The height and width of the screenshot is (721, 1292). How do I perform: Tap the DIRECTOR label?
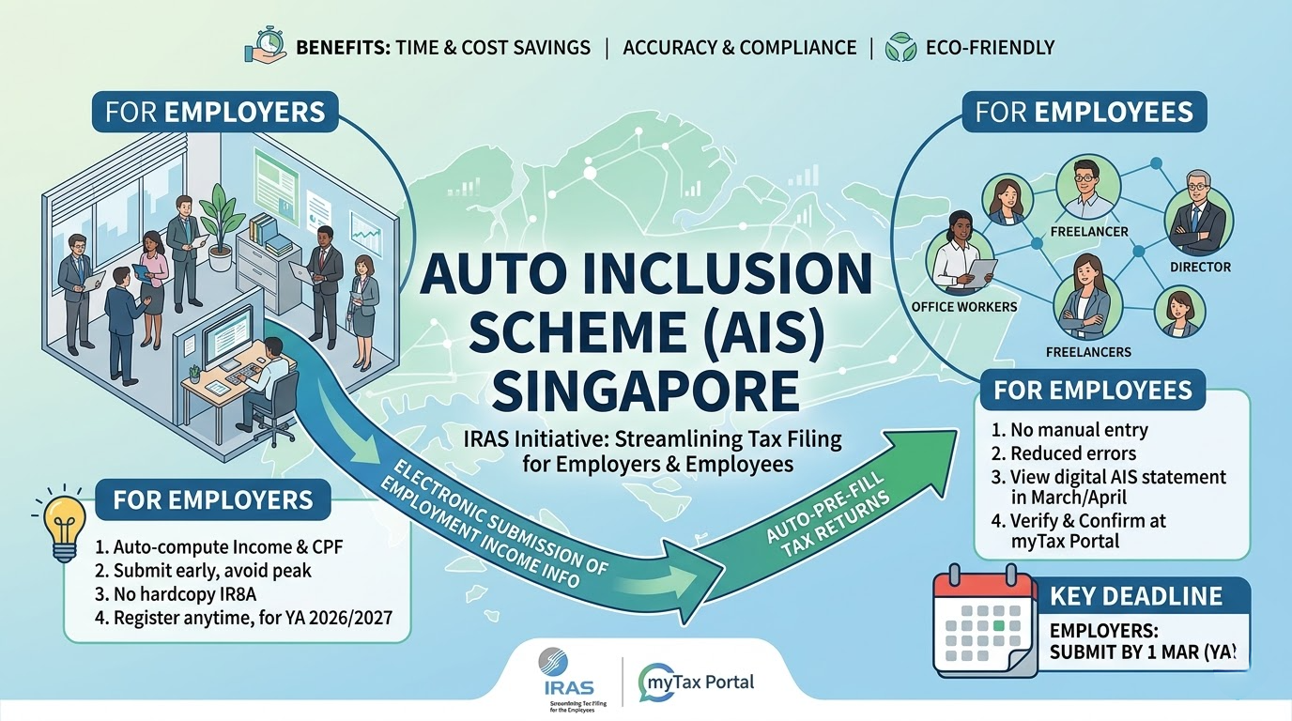[1199, 267]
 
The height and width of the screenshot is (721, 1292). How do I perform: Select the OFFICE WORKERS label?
[964, 307]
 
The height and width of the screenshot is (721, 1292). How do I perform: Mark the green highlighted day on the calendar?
[999, 622]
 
